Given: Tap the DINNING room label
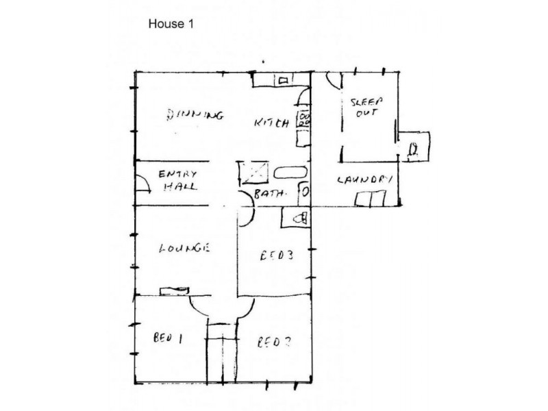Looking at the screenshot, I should [x=195, y=115].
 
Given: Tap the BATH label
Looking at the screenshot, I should [x=269, y=195].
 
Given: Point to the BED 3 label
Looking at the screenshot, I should [x=278, y=257].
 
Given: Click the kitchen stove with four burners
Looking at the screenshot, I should [x=302, y=120].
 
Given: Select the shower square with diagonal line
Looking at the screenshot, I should [x=250, y=173].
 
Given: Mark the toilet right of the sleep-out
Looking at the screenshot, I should [x=413, y=148].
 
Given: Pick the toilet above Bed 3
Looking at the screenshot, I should [x=297, y=219].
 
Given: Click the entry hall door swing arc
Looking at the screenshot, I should [x=142, y=184].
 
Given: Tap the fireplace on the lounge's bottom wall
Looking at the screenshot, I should [x=174, y=290].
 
